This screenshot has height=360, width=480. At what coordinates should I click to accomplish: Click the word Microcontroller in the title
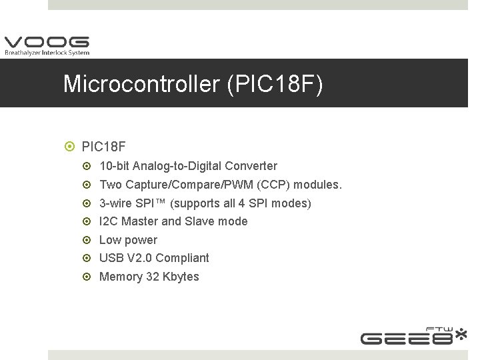[141, 85]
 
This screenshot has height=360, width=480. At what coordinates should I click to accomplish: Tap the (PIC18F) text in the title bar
[275, 85]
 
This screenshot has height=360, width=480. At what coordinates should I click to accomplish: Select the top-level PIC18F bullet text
[103, 146]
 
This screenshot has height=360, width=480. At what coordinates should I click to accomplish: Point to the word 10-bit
[114, 165]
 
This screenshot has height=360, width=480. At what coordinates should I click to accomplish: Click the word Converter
[251, 165]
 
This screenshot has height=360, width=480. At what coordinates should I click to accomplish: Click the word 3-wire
[116, 203]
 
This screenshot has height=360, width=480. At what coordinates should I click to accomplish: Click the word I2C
[109, 221]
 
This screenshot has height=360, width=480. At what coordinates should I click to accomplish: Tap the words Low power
[128, 240]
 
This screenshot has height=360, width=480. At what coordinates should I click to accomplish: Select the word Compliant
[182, 258]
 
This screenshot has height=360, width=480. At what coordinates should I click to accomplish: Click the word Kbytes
[181, 277]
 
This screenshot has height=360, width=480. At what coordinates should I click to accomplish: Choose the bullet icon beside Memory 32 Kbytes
[89, 277]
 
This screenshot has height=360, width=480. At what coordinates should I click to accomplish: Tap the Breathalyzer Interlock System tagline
[47, 53]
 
